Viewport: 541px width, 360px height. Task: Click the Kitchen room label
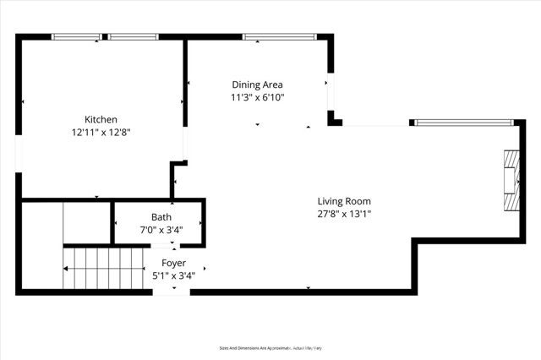(100, 119)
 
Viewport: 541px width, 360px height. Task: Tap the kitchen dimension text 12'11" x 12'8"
(100, 132)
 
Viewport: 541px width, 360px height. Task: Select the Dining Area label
(258, 85)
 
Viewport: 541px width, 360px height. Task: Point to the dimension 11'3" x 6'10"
(258, 97)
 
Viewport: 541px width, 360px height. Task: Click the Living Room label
(344, 201)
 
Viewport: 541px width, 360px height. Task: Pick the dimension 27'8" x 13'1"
(344, 214)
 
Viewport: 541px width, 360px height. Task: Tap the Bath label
(161, 217)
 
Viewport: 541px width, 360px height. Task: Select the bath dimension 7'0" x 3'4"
(161, 230)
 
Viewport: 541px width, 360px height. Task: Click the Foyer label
(174, 263)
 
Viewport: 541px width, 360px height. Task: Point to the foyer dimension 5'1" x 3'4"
(174, 275)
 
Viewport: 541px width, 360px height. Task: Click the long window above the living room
(464, 123)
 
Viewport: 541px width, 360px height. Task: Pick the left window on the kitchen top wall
(77, 36)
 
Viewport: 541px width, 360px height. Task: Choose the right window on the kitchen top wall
(134, 36)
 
